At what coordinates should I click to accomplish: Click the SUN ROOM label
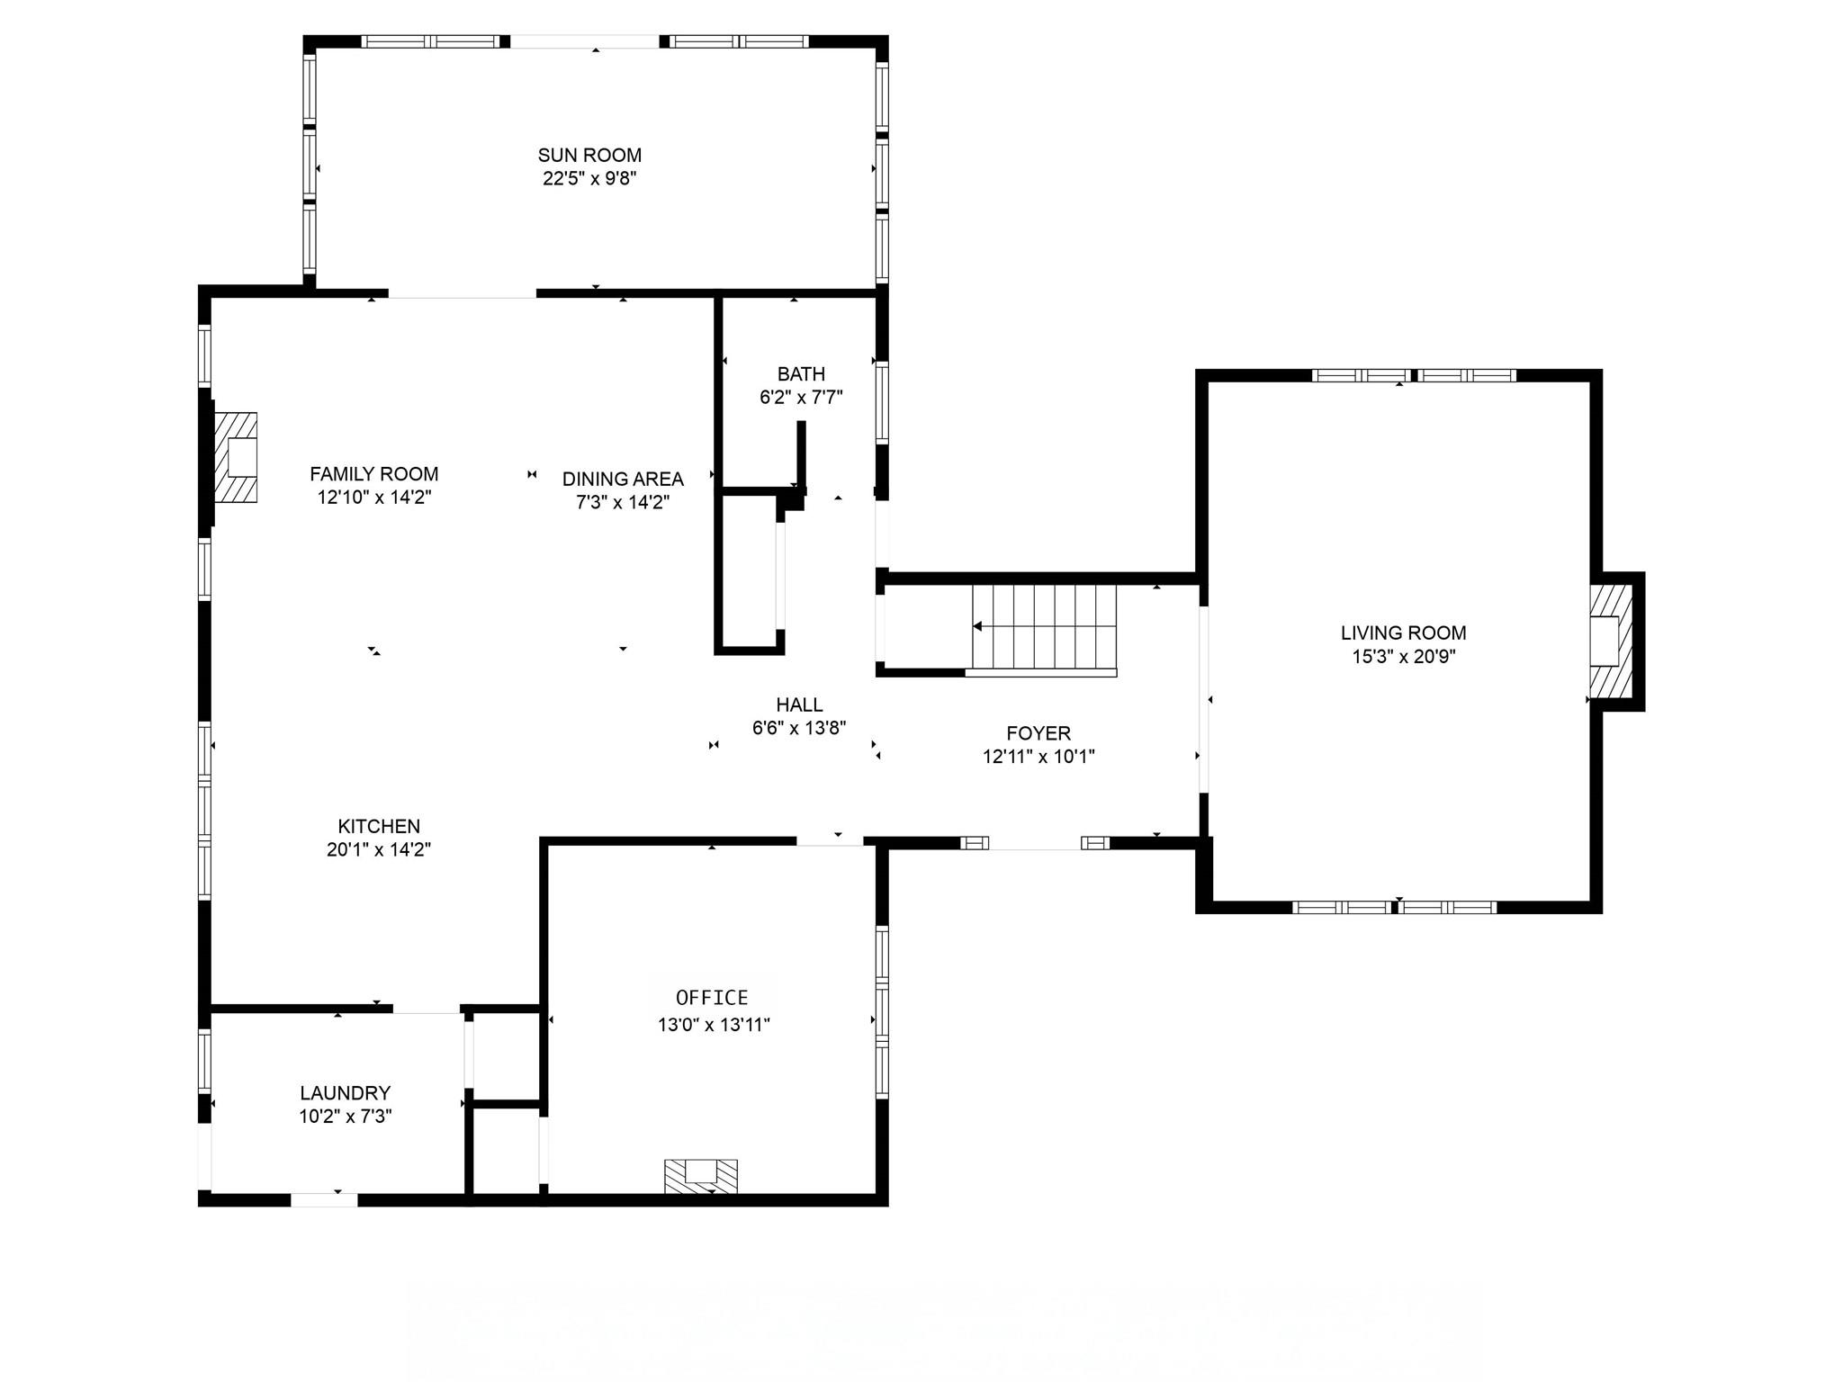click(589, 155)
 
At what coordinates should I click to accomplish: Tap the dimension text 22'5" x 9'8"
click(589, 178)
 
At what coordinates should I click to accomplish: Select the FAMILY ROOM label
click(374, 474)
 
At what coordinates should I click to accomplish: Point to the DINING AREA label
click(623, 479)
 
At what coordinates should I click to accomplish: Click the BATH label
click(801, 373)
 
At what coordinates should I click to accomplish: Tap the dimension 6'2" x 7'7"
click(801, 397)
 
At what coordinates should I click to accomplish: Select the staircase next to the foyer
click(1044, 627)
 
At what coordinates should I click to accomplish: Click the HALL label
click(799, 704)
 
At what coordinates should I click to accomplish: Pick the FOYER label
click(1038, 733)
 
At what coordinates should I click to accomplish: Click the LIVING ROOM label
click(1403, 633)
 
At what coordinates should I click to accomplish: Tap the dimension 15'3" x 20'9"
click(1403, 657)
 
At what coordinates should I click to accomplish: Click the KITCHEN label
click(379, 826)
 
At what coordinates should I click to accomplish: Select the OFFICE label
click(712, 997)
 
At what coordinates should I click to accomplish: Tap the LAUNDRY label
click(346, 1092)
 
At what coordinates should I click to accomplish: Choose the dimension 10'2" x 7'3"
click(346, 1117)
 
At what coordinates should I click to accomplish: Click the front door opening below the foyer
click(1035, 843)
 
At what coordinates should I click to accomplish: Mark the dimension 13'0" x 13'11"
click(714, 1024)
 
